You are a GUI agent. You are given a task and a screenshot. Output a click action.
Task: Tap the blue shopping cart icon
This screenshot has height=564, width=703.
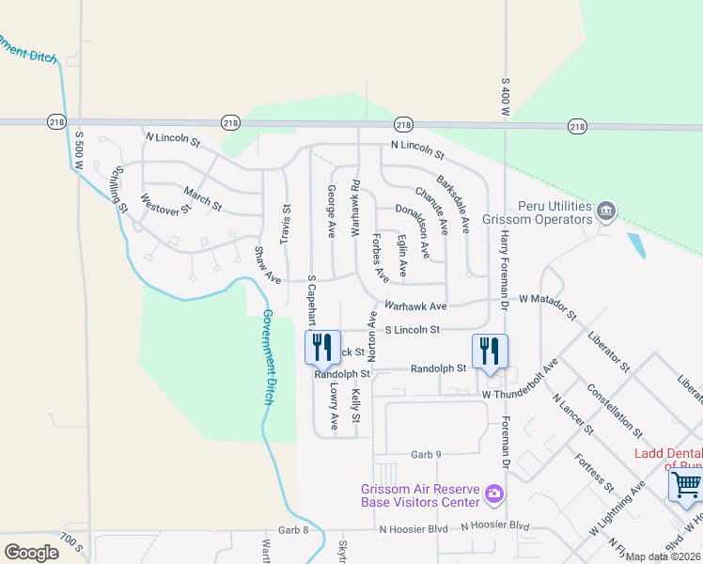click(x=686, y=486)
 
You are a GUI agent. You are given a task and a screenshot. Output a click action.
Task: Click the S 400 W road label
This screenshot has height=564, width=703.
click(x=506, y=98)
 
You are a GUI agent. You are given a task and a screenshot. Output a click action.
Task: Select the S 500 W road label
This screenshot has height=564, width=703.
click(x=80, y=150)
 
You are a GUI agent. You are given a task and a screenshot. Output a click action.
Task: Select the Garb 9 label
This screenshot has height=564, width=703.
click(x=426, y=455)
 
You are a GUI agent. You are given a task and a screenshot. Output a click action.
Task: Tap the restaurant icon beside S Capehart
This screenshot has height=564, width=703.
click(x=320, y=348)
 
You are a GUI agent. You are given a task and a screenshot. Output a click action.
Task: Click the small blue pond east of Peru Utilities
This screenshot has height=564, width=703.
click(x=639, y=246)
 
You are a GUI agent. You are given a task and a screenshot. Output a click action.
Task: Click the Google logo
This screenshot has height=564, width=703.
click(x=31, y=552)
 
